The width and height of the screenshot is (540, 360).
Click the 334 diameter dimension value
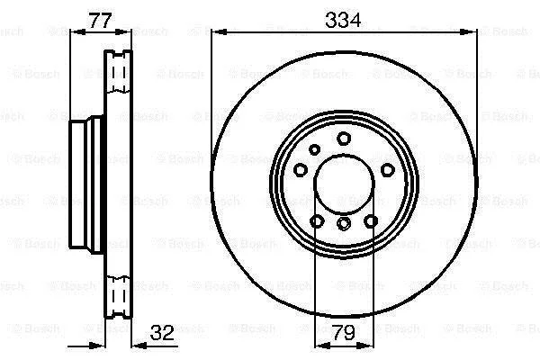(x=343, y=20)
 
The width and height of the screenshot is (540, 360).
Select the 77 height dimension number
(x=100, y=21)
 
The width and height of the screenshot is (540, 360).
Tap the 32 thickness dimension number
(x=162, y=332)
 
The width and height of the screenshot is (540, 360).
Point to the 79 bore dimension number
(x=344, y=332)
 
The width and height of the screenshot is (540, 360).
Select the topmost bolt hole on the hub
(x=344, y=139)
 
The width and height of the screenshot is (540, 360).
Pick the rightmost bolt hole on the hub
(x=387, y=170)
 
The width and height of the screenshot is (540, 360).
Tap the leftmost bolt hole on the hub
(x=301, y=170)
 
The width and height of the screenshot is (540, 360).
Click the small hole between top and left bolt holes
(x=314, y=149)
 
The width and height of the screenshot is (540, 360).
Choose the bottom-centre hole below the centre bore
(x=344, y=223)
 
